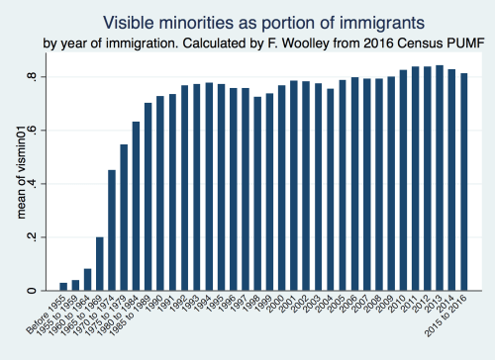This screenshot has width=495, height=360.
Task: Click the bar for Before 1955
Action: (63, 287)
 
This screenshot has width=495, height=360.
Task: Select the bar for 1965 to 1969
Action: (100, 264)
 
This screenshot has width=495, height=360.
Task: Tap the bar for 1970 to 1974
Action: (112, 230)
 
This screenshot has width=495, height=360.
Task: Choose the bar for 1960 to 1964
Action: (87, 280)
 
